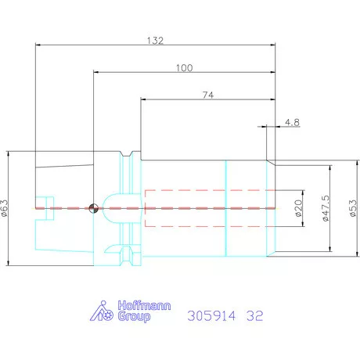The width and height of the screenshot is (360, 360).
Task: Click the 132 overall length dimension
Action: click(x=155, y=41)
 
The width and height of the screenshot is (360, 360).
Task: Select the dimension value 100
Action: click(x=185, y=68)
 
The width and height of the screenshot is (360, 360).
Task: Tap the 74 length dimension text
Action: click(x=208, y=95)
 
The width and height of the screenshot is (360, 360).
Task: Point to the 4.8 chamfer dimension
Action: click(x=292, y=122)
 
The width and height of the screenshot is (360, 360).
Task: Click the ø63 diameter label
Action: click(x=5, y=208)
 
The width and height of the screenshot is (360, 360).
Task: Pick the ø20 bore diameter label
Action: click(x=298, y=208)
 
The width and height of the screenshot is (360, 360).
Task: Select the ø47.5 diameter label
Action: click(x=326, y=208)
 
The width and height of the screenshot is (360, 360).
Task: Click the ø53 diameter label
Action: click(x=353, y=208)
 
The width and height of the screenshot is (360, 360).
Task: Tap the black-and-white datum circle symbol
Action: click(x=93, y=208)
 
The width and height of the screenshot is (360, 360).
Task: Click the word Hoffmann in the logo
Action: click(x=144, y=305)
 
